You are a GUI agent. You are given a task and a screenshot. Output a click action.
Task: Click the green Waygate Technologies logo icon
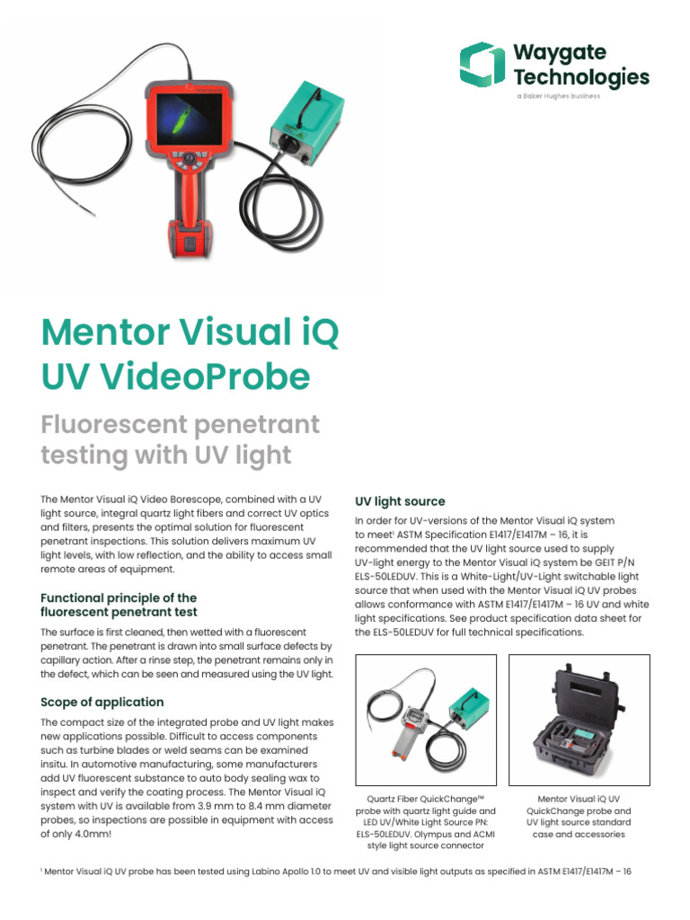coord(482,64)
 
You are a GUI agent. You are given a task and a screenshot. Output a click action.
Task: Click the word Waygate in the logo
coord(559,51)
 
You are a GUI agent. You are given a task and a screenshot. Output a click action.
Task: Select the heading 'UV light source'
coord(400,500)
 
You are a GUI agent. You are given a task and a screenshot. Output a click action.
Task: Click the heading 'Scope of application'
coord(102,702)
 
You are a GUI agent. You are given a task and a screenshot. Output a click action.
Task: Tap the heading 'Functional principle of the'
coord(119,597)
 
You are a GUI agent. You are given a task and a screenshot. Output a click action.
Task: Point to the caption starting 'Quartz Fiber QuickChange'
coord(426,798)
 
